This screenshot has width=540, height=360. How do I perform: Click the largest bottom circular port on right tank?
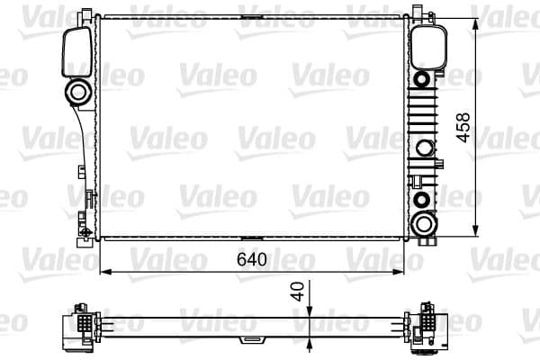point(422,224)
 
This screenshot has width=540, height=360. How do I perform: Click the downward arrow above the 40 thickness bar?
point(310,311)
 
